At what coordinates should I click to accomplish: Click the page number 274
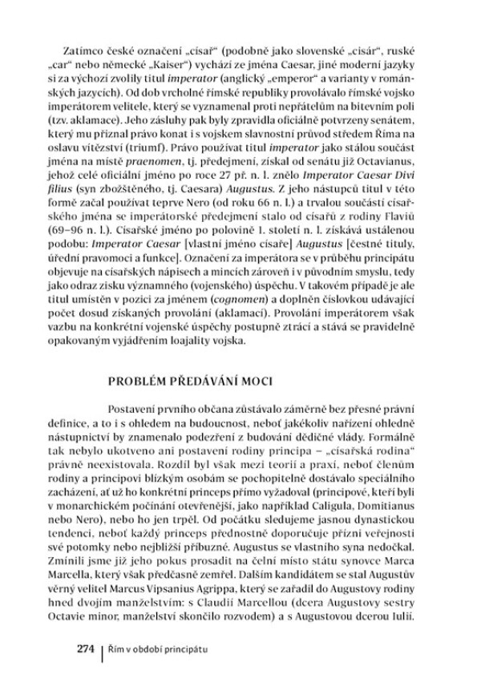tap(85, 647)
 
